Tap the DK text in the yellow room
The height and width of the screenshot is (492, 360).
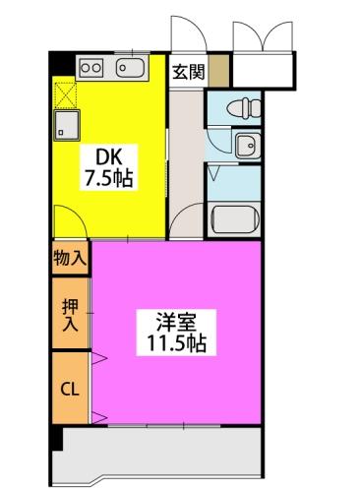click(x=108, y=155)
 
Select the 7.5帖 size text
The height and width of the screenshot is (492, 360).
click(x=110, y=179)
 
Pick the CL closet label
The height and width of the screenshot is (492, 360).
click(x=70, y=388)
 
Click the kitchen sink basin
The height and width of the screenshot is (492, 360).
click(x=130, y=67)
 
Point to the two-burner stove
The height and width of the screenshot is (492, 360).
click(x=90, y=67)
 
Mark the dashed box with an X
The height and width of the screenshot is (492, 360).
click(x=67, y=95)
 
